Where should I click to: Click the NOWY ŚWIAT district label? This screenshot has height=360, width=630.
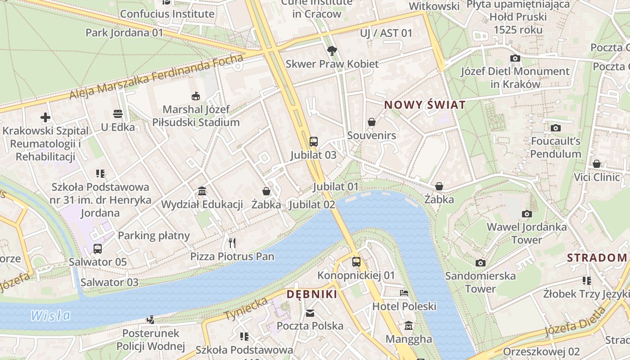pos(424,105)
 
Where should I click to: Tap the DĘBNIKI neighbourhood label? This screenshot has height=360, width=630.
pos(312,294)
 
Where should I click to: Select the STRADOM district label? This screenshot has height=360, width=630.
pos(597,258)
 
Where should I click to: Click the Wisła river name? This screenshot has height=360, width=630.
pos(50,315)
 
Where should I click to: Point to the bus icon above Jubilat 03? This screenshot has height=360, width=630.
pos(314,142)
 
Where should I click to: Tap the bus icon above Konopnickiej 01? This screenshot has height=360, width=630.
pos(356,261)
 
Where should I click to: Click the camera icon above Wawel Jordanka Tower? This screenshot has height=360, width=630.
pos(526,214)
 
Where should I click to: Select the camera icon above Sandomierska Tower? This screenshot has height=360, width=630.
pos(481,263)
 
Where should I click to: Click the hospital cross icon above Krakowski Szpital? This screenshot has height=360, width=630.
pos(45,118)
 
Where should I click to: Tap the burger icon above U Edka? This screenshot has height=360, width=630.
pos(118,114)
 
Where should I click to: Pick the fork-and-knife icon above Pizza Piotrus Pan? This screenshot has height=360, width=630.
pos(232,243)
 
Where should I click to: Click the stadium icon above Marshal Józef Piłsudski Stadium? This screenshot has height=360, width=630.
pos(196,96)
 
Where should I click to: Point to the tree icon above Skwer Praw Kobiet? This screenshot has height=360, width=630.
pos(332,50)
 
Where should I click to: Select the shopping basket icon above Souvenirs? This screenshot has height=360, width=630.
pos(372,122)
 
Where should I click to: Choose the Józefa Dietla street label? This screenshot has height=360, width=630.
pos(576,321)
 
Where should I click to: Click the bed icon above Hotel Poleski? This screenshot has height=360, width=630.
pos(404,293)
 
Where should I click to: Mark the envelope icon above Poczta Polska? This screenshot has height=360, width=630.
pos(310,313)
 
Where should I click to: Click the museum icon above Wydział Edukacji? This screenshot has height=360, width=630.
pos(202,191)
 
